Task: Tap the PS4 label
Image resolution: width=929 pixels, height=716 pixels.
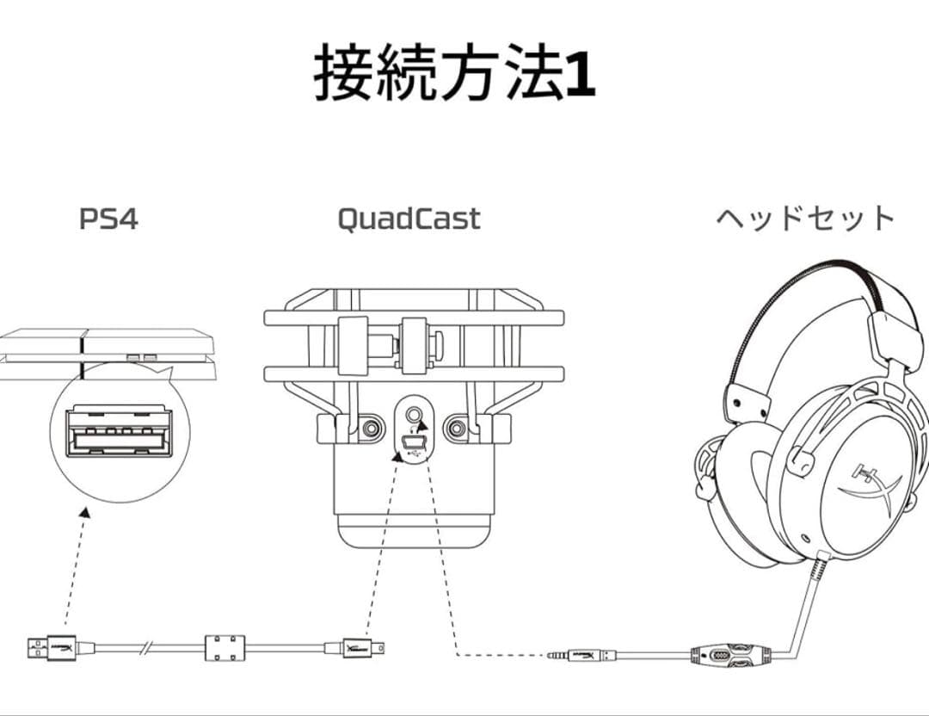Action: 108,219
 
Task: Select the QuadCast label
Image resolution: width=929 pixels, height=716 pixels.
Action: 409,219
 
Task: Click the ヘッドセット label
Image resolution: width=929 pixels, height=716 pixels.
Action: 806,218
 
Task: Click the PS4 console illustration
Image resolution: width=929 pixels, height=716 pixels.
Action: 108,353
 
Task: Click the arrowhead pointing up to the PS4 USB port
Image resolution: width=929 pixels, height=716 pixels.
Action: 83,513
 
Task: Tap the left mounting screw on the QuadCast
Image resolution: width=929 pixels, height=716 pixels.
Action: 372,424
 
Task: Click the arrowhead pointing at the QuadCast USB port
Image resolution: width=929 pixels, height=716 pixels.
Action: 397,455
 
